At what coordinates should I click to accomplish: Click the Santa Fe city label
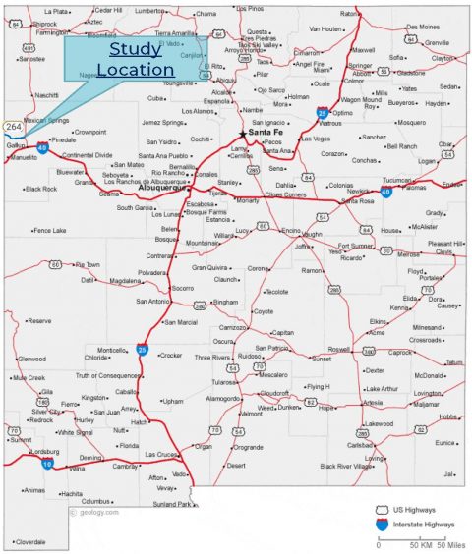(265, 132)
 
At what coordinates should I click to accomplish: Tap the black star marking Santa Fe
(243, 133)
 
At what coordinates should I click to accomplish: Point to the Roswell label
(339, 349)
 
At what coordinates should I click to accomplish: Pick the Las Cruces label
(162, 455)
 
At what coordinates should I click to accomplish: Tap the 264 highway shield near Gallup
(13, 128)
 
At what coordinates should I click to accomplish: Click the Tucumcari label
(399, 180)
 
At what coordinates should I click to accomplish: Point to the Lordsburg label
(44, 451)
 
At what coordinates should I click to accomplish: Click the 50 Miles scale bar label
(449, 544)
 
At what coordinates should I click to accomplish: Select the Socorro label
(182, 288)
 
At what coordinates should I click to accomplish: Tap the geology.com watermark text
(100, 512)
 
